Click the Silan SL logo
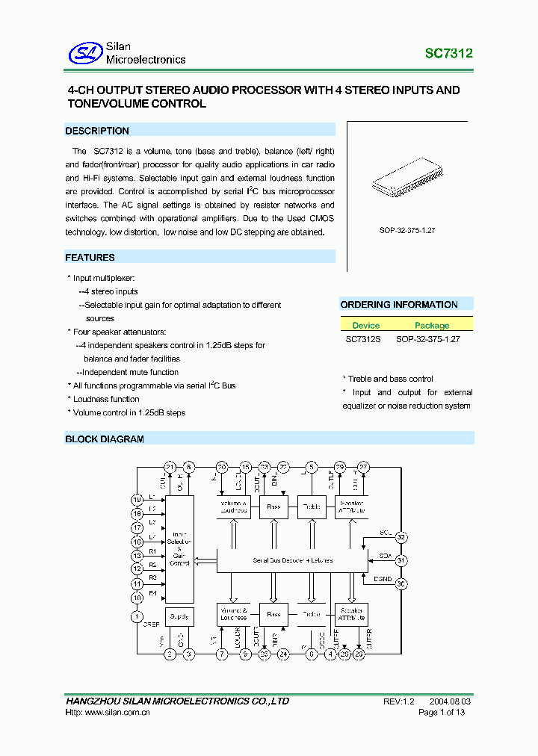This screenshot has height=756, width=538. [84, 53]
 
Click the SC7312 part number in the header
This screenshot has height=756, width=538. [448, 54]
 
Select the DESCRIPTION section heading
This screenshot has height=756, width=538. [97, 131]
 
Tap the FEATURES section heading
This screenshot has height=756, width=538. [90, 258]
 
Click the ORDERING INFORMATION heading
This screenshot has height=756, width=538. [399, 305]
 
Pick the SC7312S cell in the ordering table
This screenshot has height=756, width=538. [363, 338]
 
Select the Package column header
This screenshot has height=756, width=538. [432, 325]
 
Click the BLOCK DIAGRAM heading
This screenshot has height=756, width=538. [105, 439]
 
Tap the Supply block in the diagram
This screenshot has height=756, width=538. [179, 616]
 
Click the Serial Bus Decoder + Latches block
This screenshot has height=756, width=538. [292, 560]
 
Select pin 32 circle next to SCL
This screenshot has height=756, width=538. [401, 537]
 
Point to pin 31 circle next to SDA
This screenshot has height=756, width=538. [401, 560]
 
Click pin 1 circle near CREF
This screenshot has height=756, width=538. [137, 616]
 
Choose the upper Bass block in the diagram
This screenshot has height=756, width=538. [273, 507]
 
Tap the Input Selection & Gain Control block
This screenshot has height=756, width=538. [179, 549]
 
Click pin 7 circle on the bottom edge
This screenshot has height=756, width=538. [222, 654]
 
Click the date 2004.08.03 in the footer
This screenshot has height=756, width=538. [451, 701]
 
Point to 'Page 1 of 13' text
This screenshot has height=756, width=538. [442, 713]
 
